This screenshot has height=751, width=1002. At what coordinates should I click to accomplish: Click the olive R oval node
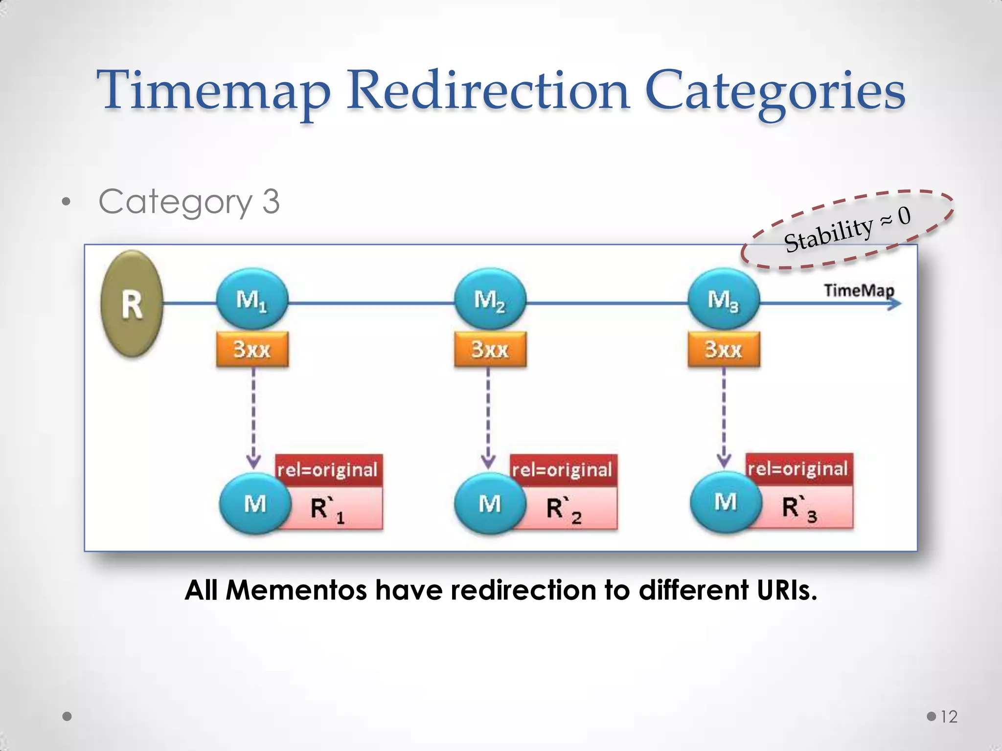132,304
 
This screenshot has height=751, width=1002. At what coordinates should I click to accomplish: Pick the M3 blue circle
724,299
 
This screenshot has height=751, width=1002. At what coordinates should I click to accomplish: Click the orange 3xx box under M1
252,349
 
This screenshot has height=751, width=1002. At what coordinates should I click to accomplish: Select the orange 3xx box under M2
490,349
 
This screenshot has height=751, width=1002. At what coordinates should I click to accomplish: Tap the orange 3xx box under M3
724,349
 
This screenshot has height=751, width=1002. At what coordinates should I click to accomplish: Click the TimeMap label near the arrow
859,290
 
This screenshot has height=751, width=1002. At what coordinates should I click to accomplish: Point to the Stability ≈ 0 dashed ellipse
847,229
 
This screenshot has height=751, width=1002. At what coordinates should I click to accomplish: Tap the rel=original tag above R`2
563,470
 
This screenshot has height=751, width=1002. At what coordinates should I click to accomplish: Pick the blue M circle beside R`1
255,504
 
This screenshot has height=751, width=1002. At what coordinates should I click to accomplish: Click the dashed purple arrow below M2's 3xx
488,416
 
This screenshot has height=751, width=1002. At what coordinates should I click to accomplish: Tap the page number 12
949,717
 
